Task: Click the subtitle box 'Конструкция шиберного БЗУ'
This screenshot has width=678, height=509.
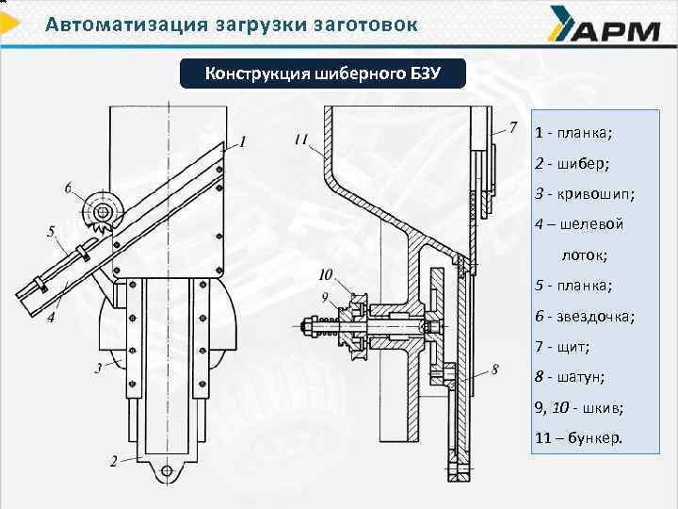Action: (323, 74)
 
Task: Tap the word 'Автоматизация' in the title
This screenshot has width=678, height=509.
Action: (121, 24)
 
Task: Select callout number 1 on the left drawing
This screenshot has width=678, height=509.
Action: (243, 142)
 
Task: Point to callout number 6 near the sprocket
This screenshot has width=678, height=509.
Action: (68, 189)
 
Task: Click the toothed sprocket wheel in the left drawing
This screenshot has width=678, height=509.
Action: (99, 212)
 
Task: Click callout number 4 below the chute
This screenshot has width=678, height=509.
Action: (51, 319)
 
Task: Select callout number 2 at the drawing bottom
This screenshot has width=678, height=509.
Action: (113, 461)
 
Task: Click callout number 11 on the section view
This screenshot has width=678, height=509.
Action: (300, 140)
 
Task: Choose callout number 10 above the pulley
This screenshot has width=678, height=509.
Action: (327, 275)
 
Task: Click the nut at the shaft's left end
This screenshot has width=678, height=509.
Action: (308, 329)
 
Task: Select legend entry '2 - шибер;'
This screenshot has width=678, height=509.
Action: (572, 164)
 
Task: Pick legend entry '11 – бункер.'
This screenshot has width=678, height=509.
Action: (578, 437)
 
